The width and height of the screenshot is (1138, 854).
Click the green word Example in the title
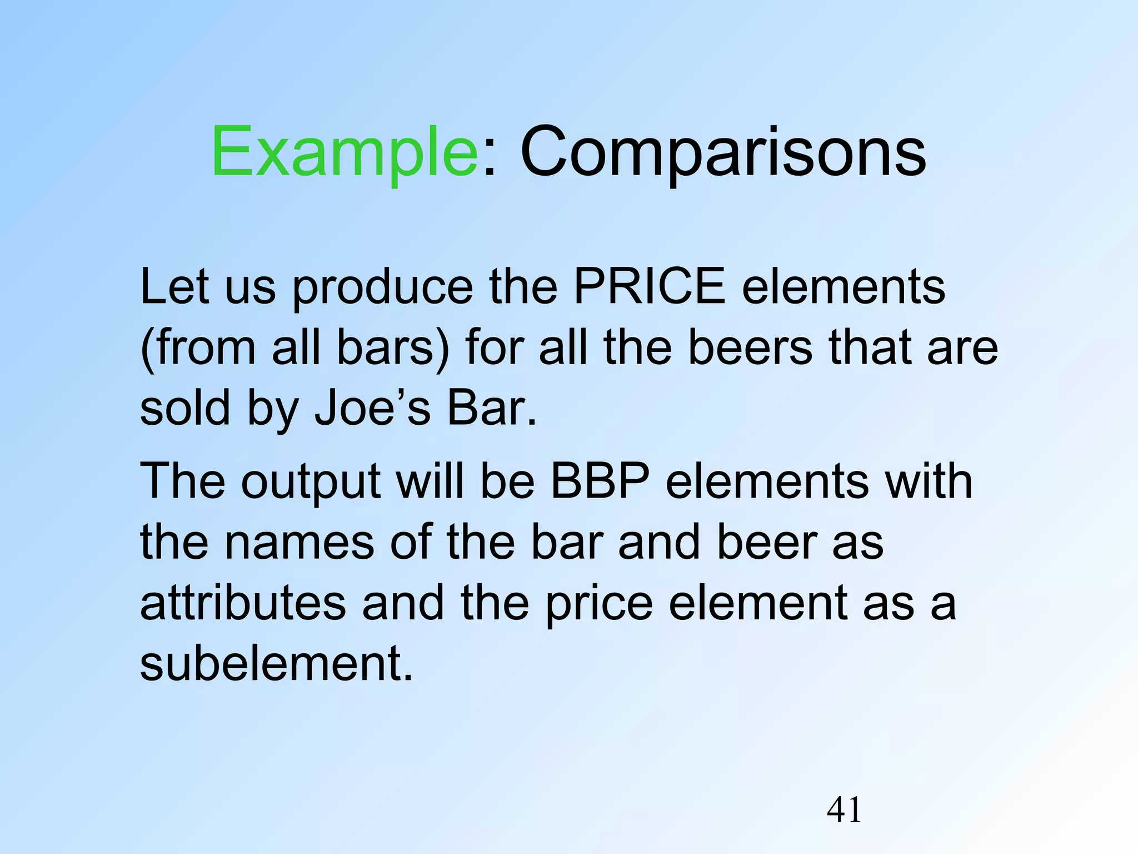pos(344,152)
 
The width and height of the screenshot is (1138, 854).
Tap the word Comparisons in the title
pos(723,152)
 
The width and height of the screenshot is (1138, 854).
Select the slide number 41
pos(844,811)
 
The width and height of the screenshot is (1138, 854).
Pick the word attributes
pos(243,603)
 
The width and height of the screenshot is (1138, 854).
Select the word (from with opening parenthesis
pos(198,347)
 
